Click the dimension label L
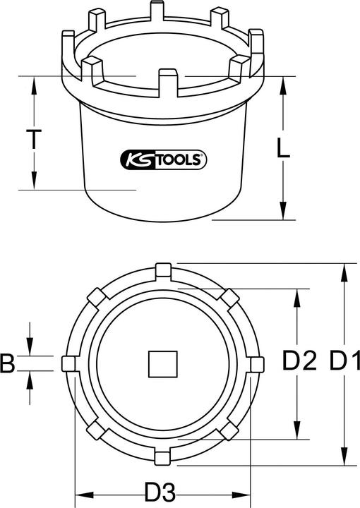282,148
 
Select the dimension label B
8,363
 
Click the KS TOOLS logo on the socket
164,160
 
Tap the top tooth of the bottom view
163,269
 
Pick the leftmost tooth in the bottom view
69,363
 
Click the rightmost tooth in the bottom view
258,363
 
